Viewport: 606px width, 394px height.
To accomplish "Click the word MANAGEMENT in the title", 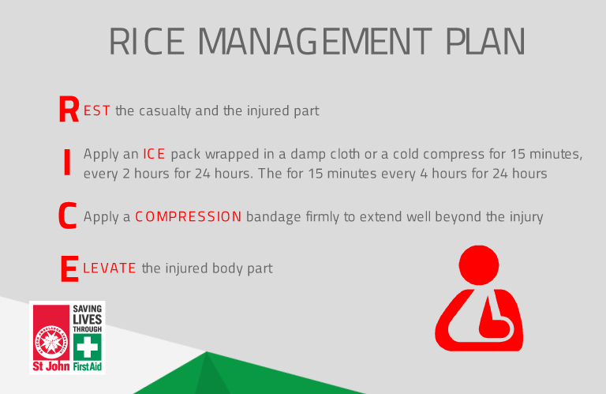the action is click(x=315, y=41).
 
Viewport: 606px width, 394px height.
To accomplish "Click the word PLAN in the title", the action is click(x=485, y=41).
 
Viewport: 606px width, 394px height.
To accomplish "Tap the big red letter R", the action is click(x=69, y=110).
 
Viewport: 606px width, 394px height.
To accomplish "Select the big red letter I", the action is click(x=67, y=163).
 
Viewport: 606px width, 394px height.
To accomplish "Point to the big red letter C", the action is click(x=68, y=215).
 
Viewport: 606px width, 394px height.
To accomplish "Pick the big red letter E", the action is click(x=69, y=268).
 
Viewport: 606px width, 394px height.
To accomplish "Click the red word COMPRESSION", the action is click(x=189, y=216).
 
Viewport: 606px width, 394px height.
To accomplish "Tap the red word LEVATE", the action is click(x=110, y=268).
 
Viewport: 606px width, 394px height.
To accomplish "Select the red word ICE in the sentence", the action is click(x=154, y=154).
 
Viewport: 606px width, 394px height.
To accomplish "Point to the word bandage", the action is click(x=273, y=217).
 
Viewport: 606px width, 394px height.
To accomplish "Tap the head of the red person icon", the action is click(x=479, y=265).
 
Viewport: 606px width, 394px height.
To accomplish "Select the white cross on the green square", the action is click(x=88, y=347).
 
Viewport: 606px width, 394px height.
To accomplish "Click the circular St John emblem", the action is click(x=51, y=342).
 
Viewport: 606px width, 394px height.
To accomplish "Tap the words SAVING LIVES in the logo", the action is click(x=88, y=315).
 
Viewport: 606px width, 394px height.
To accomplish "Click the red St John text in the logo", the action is click(x=51, y=366).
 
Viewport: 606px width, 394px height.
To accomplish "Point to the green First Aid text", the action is click(x=88, y=366).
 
